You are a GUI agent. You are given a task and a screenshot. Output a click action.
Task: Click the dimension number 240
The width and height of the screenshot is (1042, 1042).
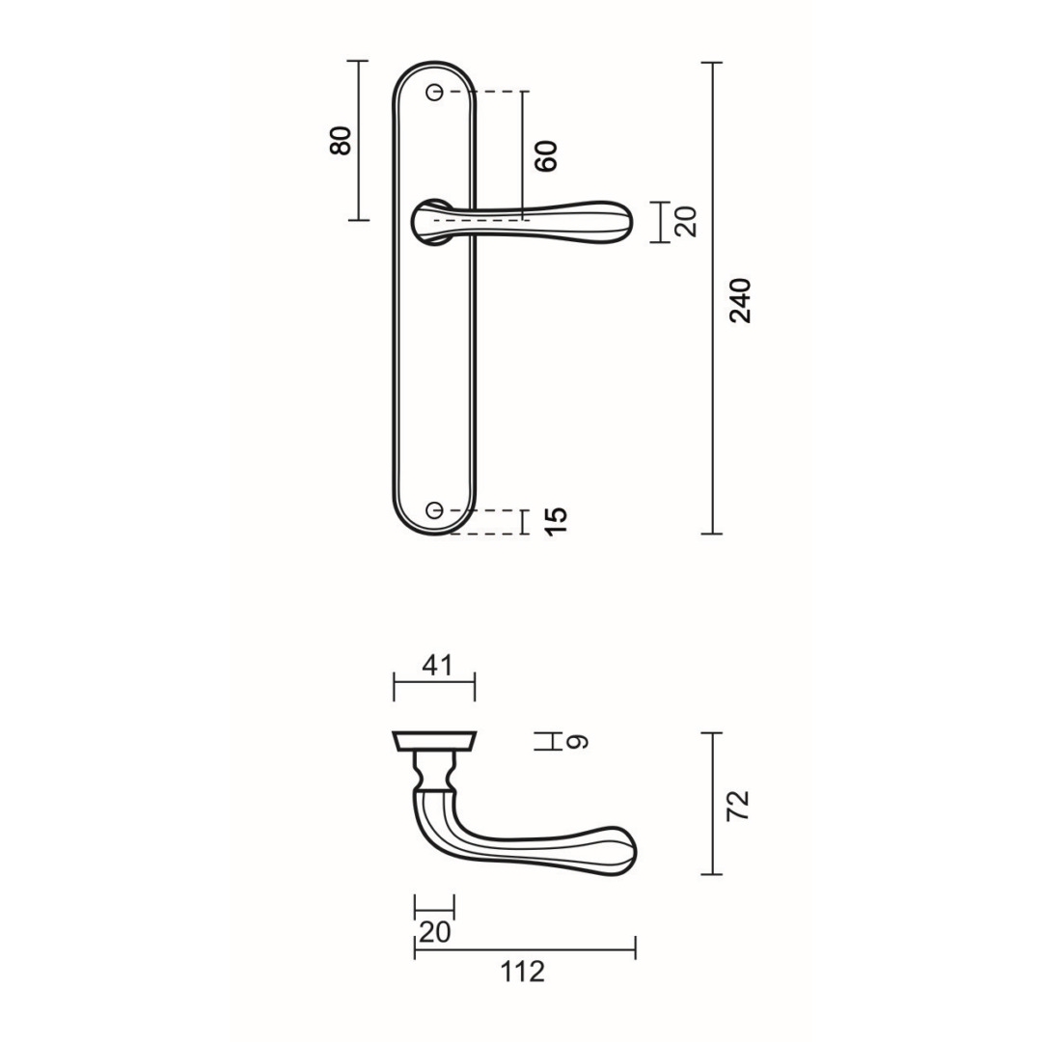(740, 300)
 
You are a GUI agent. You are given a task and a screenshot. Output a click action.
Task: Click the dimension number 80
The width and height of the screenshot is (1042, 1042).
(340, 141)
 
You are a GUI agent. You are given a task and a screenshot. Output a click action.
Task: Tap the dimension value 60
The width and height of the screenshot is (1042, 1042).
(546, 155)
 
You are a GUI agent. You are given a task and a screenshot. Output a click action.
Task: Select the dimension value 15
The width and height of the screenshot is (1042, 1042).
(556, 521)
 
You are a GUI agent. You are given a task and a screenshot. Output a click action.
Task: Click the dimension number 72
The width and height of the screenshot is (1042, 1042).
(739, 805)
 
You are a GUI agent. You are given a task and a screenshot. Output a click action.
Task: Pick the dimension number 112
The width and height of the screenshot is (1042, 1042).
(523, 971)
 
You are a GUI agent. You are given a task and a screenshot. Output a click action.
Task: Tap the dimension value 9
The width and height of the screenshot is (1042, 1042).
(576, 742)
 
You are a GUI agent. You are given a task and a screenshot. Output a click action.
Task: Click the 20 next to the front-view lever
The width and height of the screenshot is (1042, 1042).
(686, 222)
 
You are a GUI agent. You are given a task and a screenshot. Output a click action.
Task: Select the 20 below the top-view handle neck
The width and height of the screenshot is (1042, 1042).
(434, 932)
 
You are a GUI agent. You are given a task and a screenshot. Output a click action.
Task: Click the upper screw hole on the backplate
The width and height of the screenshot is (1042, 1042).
(434, 92)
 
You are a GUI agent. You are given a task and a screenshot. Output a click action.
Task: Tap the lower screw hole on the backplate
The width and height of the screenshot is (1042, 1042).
(434, 509)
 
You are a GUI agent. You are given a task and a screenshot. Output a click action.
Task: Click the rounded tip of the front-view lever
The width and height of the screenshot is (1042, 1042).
(617, 221)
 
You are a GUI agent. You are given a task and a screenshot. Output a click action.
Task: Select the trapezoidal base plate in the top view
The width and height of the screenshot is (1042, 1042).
(434, 741)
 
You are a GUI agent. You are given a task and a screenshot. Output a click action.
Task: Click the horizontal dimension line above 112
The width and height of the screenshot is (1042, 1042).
(525, 949)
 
